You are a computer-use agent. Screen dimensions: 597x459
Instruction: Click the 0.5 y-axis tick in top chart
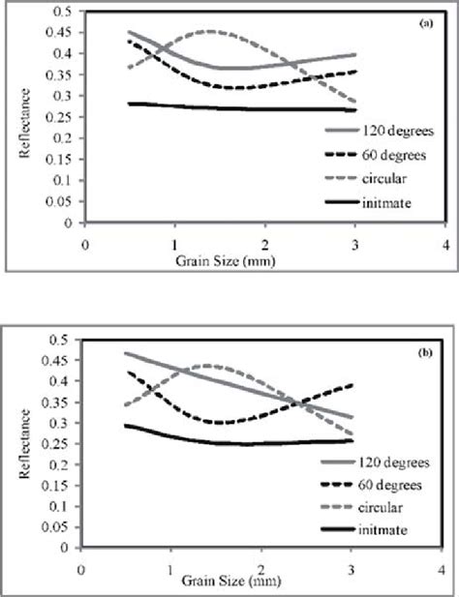63,11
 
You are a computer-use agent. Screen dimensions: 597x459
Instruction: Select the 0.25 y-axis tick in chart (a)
60,116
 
